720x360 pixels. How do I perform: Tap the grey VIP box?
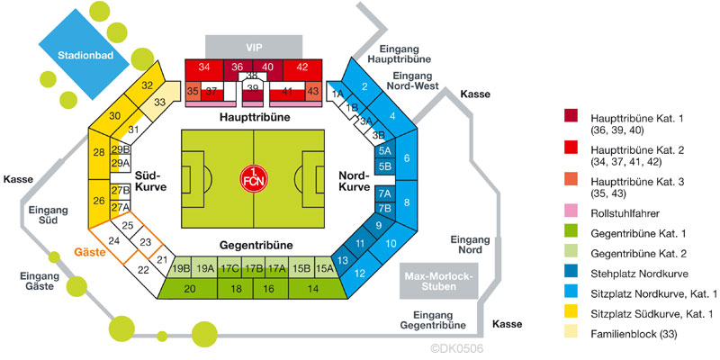[252, 46]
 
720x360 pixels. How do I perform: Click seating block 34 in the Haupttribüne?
[205, 68]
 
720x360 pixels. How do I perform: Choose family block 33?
[160, 102]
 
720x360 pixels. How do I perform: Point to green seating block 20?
[189, 288]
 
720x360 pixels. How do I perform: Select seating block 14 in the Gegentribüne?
[313, 288]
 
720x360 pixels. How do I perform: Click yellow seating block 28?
[99, 152]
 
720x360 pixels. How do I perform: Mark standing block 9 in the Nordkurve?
[379, 225]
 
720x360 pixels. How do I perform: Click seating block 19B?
[180, 267]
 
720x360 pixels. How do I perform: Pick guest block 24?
[114, 241]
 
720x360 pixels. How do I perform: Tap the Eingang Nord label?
[470, 245]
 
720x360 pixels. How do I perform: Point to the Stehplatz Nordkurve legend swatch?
[571, 274]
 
